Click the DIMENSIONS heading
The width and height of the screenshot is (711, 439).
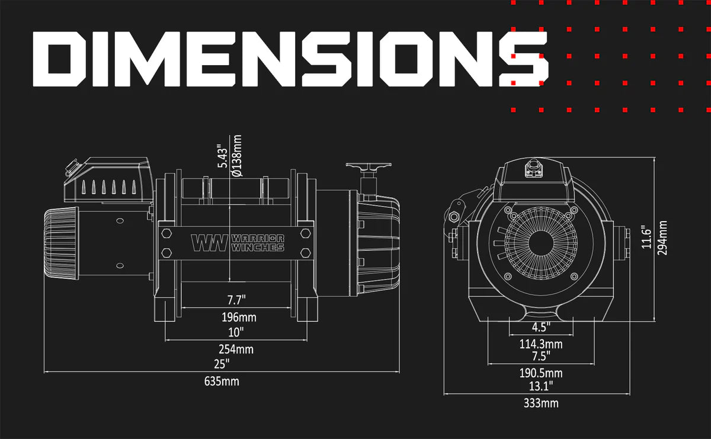tap(290, 59)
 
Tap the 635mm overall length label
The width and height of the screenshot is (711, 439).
tap(222, 381)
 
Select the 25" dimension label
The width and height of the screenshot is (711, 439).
tap(222, 364)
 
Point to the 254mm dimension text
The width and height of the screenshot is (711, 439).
tap(236, 350)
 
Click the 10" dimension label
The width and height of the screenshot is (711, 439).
tap(236, 332)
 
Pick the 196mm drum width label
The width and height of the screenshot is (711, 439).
tap(239, 317)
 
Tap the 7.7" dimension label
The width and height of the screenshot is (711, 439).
tap(236, 300)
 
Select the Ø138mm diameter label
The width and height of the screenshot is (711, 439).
tap(237, 156)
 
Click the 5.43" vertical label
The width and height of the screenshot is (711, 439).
tap(223, 156)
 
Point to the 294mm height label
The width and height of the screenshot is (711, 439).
tap(662, 238)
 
